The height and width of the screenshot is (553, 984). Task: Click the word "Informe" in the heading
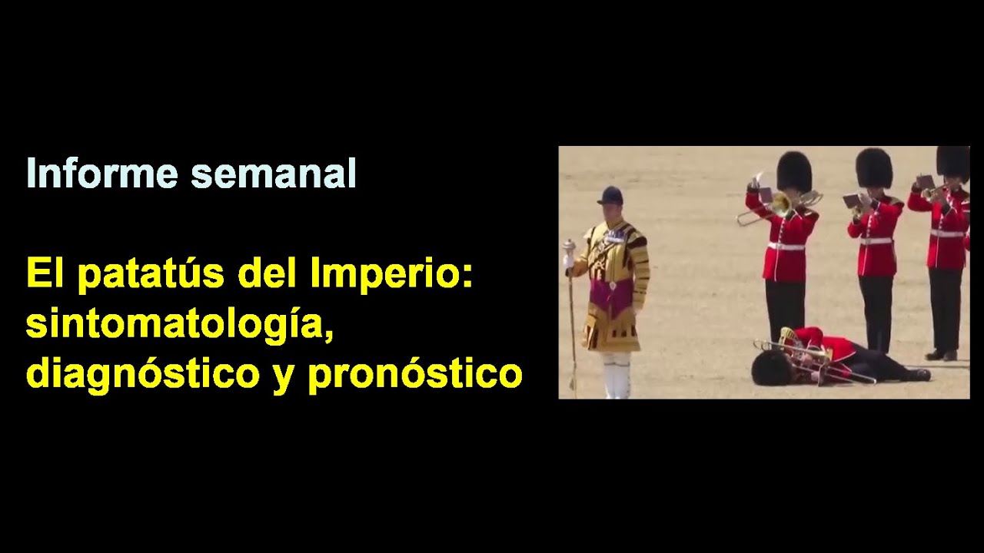(102, 174)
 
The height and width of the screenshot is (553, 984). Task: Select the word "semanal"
(274, 174)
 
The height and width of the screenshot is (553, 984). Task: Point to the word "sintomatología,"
(180, 324)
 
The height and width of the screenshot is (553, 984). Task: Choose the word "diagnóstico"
(143, 374)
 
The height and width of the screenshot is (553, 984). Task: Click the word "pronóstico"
(415, 374)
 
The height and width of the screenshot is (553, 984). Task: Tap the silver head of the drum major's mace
(569, 247)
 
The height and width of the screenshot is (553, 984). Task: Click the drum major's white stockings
(616, 375)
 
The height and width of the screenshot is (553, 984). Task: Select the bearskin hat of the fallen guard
(770, 368)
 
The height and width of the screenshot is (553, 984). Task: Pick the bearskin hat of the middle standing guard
(874, 167)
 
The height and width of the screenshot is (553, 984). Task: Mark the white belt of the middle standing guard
(876, 241)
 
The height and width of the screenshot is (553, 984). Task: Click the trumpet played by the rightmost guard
(934, 192)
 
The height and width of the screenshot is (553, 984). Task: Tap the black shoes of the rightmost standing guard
(942, 355)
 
